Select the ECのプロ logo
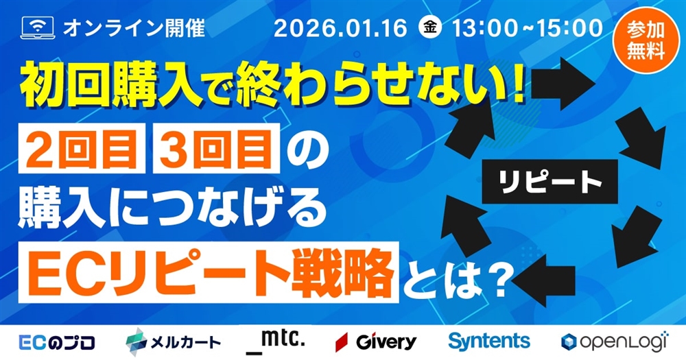coord(58,341)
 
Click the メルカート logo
coord(174,341)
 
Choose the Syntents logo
coord(488,341)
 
